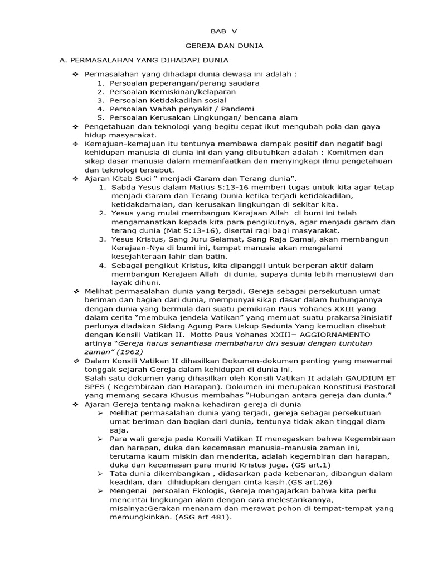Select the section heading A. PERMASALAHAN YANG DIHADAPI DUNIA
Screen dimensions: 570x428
[144, 60]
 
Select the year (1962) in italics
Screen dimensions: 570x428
[129, 352]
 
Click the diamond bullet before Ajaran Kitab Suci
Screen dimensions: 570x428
[75, 178]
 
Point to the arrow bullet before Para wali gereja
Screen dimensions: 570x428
[100, 439]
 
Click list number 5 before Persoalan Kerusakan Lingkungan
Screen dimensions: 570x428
[101, 117]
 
